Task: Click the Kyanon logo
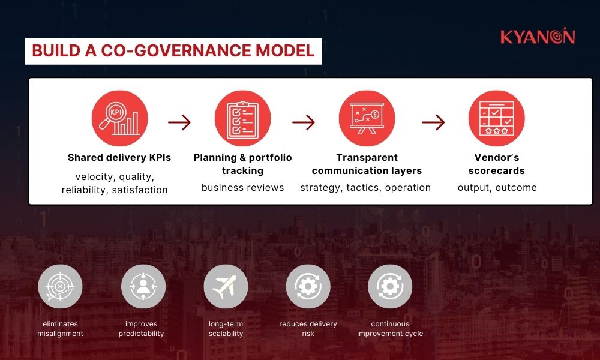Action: pos(538,37)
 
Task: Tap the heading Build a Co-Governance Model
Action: pos(173,50)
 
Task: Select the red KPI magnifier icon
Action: pos(119,118)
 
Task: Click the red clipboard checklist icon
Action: pos(242,118)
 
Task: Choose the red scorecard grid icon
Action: pos(496,118)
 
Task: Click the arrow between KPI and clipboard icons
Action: pos(179,122)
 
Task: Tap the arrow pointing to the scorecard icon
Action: pos(433,122)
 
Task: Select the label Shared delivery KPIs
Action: pos(119,158)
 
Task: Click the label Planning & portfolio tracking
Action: pos(242,164)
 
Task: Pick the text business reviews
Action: pos(242,187)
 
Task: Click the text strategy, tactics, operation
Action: pos(365,187)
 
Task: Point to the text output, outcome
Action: pos(497,187)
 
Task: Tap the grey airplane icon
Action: pos(225,286)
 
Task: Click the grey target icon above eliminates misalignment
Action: pos(60,286)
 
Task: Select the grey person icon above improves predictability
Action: pos(143,286)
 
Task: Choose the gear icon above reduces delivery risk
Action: pos(308,286)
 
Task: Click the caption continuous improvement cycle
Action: pos(390,329)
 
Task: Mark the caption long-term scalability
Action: pos(226,329)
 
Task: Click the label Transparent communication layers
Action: pos(367,164)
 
